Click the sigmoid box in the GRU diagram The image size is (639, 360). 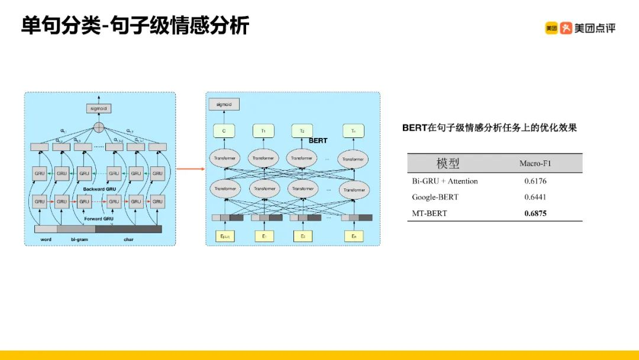tap(98, 109)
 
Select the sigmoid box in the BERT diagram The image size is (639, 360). tap(224, 105)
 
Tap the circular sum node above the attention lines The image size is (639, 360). tap(98, 126)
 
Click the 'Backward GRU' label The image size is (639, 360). tap(98, 189)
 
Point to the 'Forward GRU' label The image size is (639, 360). tap(98, 218)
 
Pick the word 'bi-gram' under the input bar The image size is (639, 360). tap(79, 239)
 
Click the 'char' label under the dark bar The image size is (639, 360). tap(128, 239)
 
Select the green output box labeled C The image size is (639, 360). tap(224, 131)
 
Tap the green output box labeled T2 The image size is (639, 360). tap(302, 131)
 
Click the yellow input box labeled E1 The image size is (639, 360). tap(264, 236)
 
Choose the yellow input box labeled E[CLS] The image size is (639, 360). tap(225, 236)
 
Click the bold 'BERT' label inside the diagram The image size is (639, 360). tap(318, 141)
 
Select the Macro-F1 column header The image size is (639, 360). tap(535, 163)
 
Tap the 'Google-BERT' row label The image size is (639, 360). tap(435, 197)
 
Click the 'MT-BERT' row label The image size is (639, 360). tap(430, 213)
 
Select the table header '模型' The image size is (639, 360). tap(448, 163)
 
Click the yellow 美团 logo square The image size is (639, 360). tap(551, 28)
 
